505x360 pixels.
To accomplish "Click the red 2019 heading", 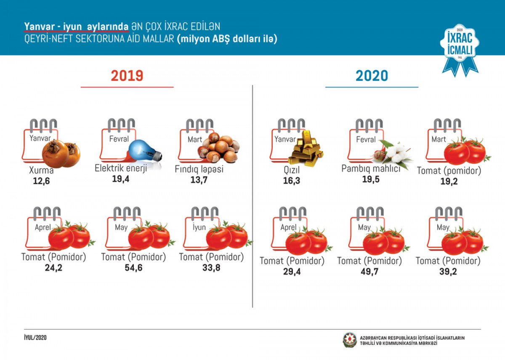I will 127,76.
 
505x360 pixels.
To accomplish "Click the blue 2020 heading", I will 372,76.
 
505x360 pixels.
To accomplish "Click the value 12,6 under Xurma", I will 41,181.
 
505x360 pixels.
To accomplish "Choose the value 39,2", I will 448,271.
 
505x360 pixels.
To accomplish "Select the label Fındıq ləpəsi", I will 199,169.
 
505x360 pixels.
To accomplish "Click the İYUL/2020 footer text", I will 35,338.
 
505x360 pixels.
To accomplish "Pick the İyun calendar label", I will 199,227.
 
